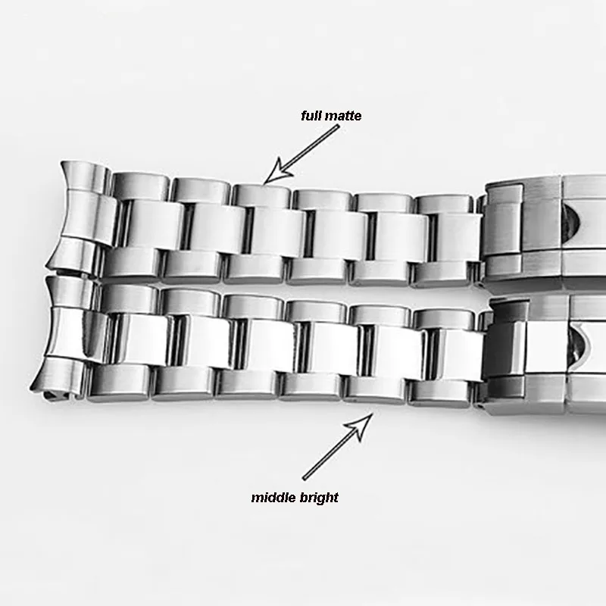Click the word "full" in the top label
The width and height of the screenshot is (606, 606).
311,116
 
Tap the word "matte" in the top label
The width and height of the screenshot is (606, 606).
343,116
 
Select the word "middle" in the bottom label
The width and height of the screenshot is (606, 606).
273,498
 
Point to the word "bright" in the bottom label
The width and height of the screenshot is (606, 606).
319,498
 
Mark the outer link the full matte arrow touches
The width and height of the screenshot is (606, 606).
261,195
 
